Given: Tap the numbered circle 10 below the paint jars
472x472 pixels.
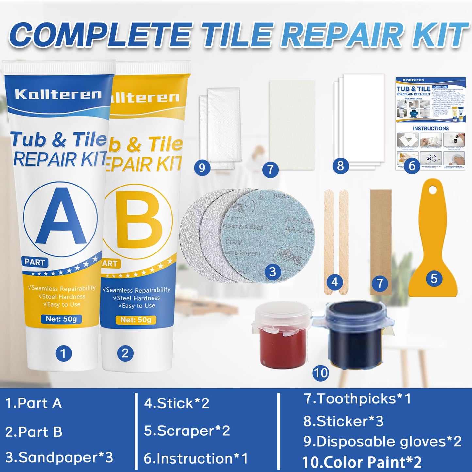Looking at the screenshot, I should point(320,373).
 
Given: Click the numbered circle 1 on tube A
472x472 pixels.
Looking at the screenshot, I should point(63,353).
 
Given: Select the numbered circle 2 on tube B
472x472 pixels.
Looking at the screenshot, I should point(125,353).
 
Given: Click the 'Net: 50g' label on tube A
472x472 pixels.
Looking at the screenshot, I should point(61,319).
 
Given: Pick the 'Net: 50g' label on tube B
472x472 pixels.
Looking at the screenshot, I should point(136,320).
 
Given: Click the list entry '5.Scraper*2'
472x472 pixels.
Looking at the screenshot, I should point(187,431).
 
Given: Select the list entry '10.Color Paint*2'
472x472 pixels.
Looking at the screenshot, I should point(362,462).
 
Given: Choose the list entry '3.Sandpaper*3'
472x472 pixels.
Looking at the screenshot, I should point(59,457).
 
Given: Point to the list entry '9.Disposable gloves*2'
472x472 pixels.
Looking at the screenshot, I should point(382,442).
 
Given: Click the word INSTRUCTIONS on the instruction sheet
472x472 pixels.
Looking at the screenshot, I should point(431,128).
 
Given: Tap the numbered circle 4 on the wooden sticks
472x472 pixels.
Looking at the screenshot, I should point(334,282).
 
